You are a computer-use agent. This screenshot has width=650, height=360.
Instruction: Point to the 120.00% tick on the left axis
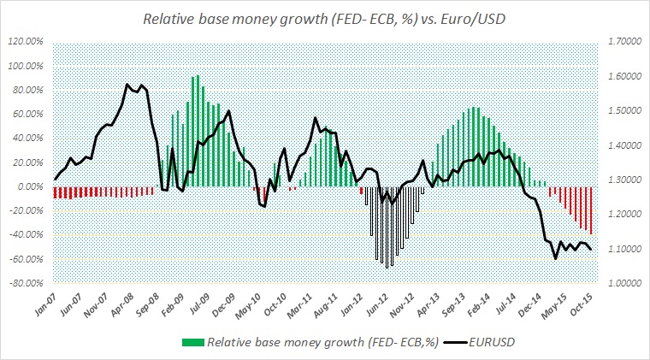[29, 41]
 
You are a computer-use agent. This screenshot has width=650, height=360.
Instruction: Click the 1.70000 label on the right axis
[621, 41]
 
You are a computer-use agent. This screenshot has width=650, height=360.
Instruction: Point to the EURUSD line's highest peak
[127, 84]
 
